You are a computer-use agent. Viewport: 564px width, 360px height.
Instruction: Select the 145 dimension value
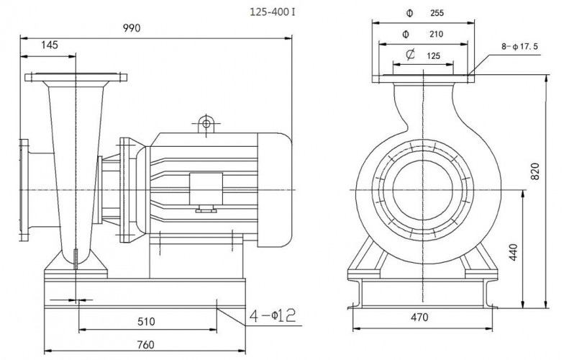tap(50, 45)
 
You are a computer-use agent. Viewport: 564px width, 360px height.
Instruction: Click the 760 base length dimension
tap(145, 345)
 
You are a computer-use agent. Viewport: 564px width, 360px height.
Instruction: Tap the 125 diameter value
tap(433, 55)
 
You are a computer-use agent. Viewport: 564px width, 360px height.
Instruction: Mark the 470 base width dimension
tap(420, 318)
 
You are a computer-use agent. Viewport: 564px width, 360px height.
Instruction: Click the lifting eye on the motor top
tap(206, 124)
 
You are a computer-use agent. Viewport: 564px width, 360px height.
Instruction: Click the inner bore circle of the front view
tap(422, 189)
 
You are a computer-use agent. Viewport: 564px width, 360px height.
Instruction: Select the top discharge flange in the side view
tap(76, 77)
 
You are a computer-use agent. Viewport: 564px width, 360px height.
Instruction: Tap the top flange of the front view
tap(422, 78)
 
